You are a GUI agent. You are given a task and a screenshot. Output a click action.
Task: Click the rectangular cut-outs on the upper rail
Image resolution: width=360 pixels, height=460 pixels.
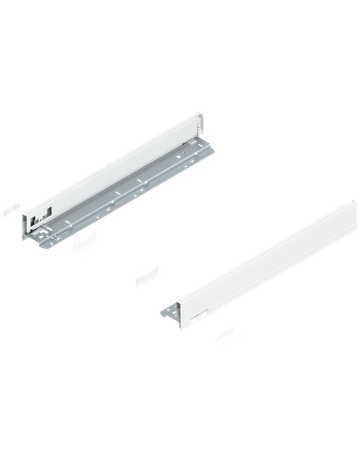[x=39, y=213]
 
